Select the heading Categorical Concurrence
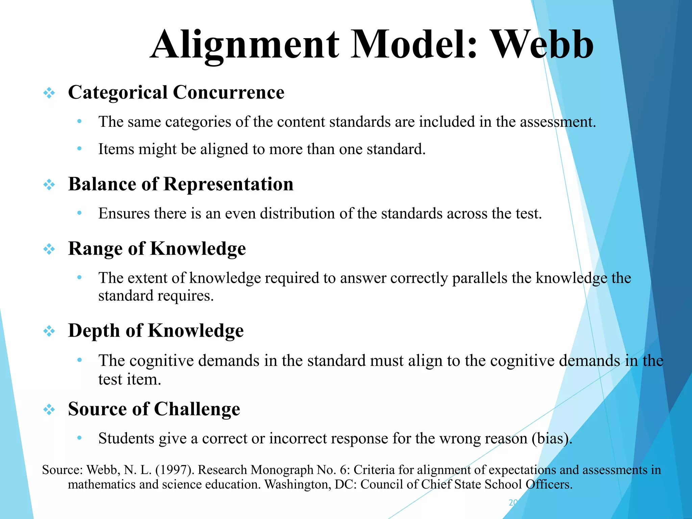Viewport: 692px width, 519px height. click(x=176, y=93)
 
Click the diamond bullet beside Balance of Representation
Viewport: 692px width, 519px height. click(x=49, y=184)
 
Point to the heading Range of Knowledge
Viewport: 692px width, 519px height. click(x=157, y=249)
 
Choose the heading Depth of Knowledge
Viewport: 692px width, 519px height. click(x=156, y=330)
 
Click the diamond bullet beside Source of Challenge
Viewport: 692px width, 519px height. click(x=49, y=410)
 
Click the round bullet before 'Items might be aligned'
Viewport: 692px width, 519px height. click(x=79, y=149)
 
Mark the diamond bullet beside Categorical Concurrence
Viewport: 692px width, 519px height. click(x=49, y=93)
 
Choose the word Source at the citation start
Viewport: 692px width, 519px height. click(x=62, y=470)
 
